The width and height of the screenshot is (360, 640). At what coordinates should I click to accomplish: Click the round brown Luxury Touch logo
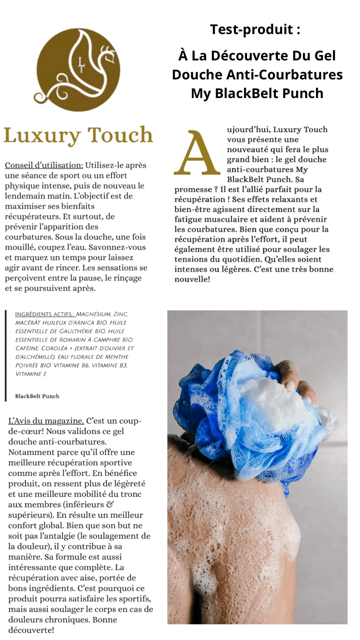(78, 63)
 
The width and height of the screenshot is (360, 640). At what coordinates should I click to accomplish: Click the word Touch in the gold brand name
(120, 135)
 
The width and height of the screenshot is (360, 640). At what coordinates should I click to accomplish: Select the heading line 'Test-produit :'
(255, 29)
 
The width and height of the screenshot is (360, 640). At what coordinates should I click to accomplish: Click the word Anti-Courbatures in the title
(290, 74)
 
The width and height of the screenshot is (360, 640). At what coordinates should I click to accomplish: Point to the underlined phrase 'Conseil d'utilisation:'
(44, 165)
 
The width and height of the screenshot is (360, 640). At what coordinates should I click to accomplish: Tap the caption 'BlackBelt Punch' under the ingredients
(37, 396)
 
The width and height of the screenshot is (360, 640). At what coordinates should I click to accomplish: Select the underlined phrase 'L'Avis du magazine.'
(46, 420)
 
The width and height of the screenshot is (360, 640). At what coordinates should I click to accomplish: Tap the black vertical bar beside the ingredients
(5, 355)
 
